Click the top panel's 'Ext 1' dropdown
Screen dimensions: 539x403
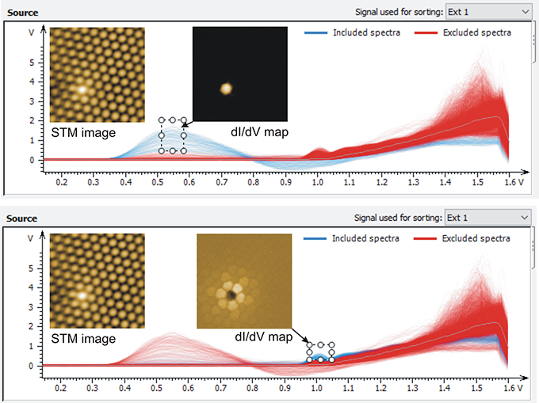[488, 12]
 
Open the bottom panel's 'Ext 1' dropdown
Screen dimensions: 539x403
[487, 218]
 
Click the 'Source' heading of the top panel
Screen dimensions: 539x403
[23, 13]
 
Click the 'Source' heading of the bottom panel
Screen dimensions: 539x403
[21, 219]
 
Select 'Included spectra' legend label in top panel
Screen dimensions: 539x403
[366, 32]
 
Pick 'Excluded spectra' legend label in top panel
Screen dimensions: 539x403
[477, 32]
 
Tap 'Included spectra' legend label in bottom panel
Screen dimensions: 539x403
[365, 238]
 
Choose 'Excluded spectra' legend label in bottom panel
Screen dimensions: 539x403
[476, 238]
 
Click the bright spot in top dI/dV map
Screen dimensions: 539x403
[226, 89]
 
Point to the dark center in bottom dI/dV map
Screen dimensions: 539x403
[231, 295]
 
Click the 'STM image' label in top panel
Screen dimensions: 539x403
[83, 132]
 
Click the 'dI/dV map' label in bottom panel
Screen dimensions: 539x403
[264, 336]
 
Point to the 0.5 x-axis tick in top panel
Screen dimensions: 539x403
[158, 181]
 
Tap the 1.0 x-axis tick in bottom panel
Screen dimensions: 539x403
[316, 388]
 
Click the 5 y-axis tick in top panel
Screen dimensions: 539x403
[32, 63]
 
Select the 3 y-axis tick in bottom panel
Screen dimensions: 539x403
[31, 307]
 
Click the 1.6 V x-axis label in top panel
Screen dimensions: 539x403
[514, 181]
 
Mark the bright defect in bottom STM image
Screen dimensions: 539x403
[82, 295]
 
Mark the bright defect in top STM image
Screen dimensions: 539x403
[82, 89]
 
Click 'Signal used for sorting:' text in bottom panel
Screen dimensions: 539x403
[398, 218]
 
